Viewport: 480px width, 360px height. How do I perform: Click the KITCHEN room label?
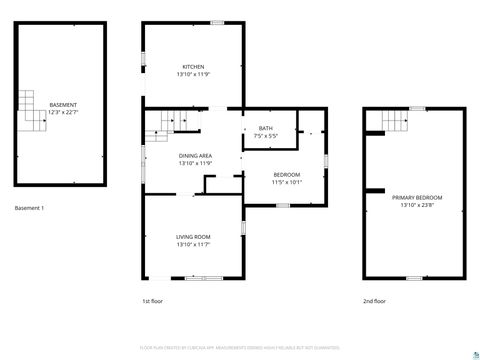pos(193,67)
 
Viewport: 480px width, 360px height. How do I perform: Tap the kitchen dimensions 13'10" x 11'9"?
pos(193,75)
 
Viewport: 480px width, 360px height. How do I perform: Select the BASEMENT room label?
pos(63,104)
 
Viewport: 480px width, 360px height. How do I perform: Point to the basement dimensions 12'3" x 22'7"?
pos(63,112)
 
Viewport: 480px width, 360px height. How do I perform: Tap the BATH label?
pos(265,128)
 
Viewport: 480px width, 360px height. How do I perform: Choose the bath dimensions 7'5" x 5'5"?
pos(265,136)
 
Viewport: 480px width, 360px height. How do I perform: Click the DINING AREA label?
pos(194,156)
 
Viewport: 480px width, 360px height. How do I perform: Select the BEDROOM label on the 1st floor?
pos(286,175)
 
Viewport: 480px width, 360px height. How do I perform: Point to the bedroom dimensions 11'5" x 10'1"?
pos(286,183)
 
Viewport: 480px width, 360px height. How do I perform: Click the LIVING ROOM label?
pos(193,236)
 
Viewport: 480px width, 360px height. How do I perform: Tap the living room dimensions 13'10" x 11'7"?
pos(193,244)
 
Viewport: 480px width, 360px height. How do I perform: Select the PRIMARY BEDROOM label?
pos(417,198)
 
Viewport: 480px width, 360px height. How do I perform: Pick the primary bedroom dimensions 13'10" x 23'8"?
pos(417,206)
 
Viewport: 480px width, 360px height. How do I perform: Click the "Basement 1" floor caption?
pos(29,208)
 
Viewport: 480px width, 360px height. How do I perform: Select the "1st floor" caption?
pos(153,300)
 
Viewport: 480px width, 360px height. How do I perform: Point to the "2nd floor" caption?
pos(374,300)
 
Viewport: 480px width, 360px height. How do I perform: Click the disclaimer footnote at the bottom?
pos(240,349)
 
